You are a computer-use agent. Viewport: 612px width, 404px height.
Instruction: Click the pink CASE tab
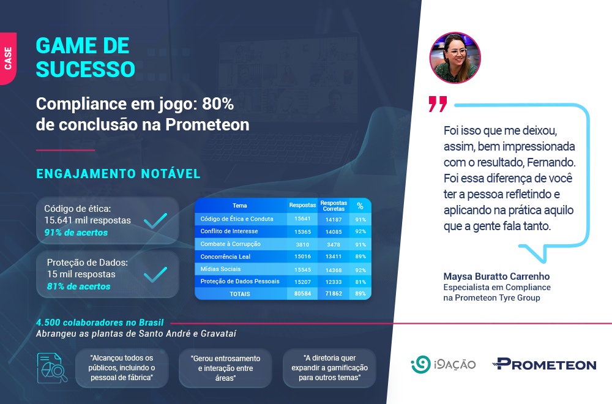tap(8, 59)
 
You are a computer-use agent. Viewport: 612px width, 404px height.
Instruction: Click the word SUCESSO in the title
tap(86, 70)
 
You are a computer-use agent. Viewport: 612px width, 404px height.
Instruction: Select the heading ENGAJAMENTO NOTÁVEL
tap(118, 174)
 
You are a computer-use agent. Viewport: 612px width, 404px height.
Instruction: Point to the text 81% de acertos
tap(78, 286)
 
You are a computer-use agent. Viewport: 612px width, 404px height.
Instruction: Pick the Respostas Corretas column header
tap(334, 206)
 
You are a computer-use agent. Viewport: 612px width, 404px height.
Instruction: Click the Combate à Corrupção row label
tap(230, 244)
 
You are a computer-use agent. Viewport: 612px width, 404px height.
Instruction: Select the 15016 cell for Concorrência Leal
tap(302, 256)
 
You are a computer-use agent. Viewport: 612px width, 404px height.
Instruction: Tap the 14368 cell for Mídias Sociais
tap(334, 270)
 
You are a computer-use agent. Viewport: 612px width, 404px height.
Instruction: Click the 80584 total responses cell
tap(302, 294)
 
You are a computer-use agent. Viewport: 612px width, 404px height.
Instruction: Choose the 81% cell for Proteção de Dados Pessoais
tap(360, 282)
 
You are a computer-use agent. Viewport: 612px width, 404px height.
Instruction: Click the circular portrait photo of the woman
tap(455, 58)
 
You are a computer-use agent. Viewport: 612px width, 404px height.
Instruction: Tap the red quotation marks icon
tap(438, 104)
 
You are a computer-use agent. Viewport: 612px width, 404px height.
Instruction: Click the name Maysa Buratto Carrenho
tap(496, 276)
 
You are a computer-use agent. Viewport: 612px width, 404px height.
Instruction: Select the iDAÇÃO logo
tap(443, 365)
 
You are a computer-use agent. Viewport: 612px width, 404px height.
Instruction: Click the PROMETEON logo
tap(545, 364)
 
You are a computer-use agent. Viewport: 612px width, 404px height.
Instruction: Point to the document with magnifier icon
tap(52, 368)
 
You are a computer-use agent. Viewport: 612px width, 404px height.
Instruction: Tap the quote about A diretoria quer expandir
tap(329, 368)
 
